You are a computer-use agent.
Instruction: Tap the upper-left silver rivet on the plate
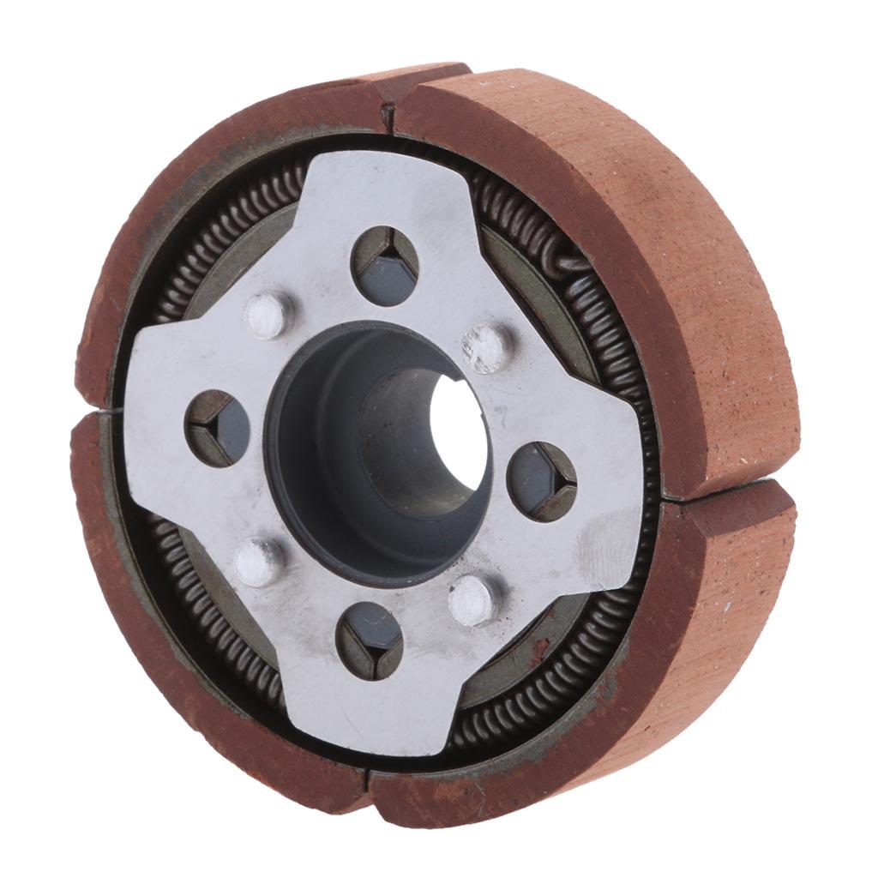268,315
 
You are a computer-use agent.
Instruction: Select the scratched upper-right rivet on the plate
486,346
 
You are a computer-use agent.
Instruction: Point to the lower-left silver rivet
258,562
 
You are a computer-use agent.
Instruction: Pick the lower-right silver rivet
472,599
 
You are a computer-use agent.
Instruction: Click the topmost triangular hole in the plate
386,266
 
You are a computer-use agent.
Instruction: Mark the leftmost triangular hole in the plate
217,428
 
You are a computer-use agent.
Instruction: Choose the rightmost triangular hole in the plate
542,481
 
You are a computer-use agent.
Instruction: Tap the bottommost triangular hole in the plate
370,640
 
